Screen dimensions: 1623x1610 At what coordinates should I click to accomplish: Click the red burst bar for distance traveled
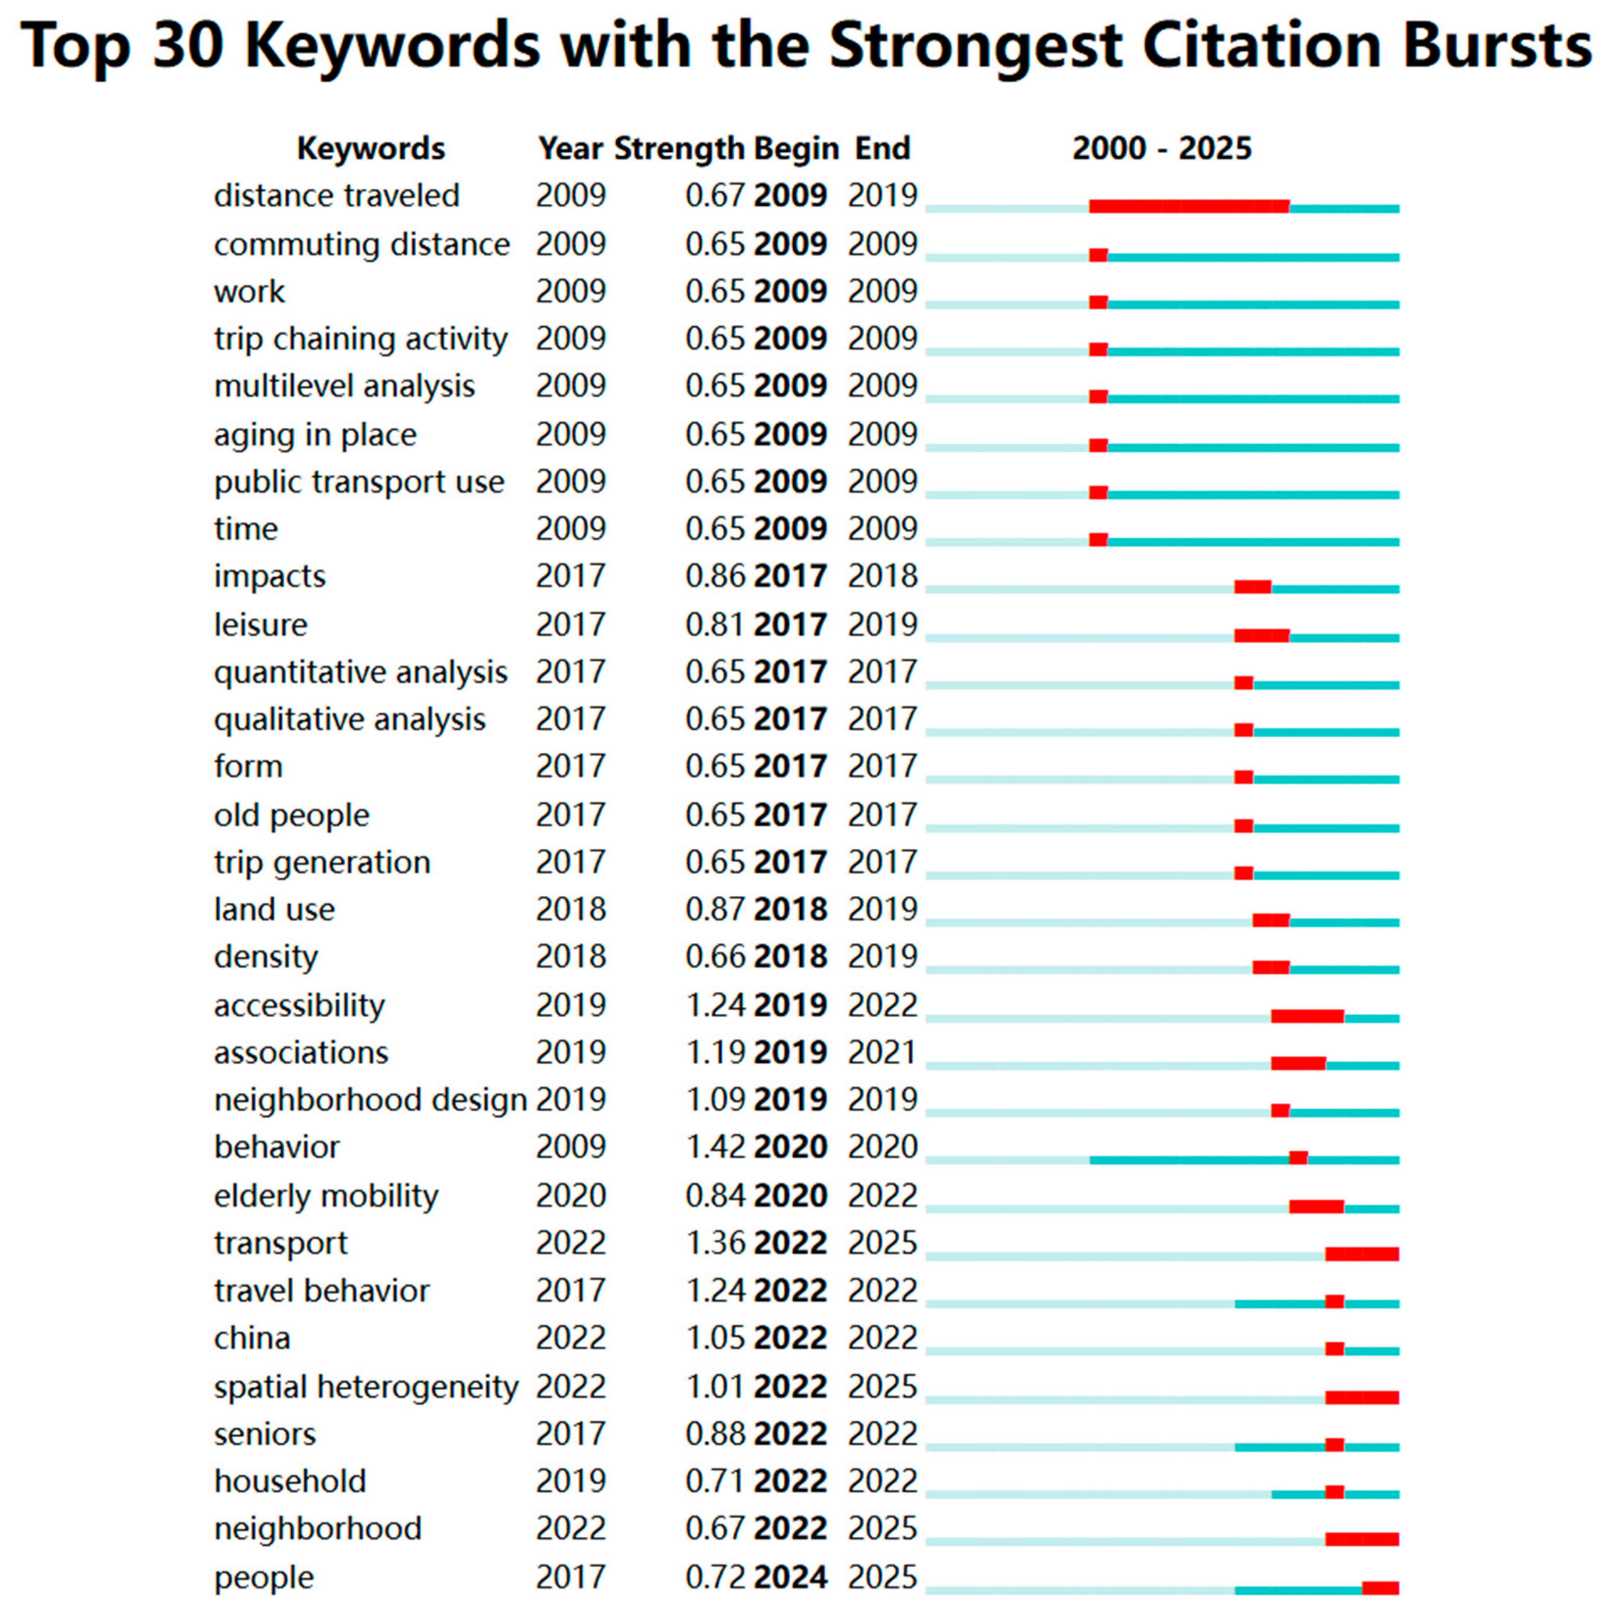pyautogui.click(x=1189, y=207)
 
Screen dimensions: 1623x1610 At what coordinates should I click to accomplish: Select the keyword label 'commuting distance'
pyautogui.click(x=361, y=244)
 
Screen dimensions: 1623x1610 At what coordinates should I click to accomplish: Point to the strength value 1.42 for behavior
pyautogui.click(x=715, y=1147)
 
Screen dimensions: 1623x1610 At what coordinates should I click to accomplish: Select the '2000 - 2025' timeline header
pyautogui.click(x=1161, y=149)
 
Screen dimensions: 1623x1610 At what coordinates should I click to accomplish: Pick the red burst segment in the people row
pyautogui.click(x=1380, y=1588)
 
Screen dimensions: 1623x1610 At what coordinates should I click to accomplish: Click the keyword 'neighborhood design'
pyautogui.click(x=370, y=1100)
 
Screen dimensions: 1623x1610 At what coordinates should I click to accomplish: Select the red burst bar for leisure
pyautogui.click(x=1261, y=636)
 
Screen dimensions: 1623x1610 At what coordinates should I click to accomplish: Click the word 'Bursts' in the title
pyautogui.click(x=1496, y=46)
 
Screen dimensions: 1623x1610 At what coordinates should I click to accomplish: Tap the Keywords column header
pyautogui.click(x=371, y=149)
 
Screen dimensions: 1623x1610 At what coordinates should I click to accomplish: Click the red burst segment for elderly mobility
pyautogui.click(x=1316, y=1207)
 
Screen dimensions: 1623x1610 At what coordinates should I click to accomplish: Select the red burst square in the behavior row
pyautogui.click(x=1298, y=1159)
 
